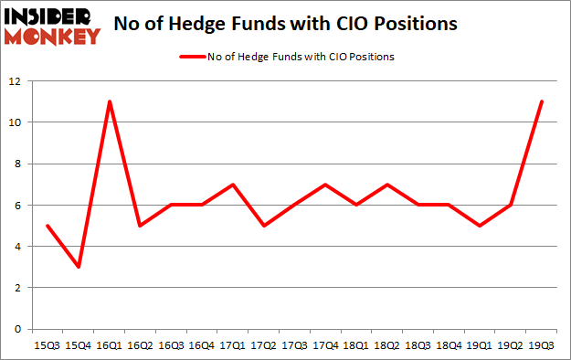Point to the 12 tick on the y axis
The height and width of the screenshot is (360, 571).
(16, 80)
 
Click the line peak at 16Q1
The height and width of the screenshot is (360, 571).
(110, 101)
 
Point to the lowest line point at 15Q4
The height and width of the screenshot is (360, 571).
(79, 267)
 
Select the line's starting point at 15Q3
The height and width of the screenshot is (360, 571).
(47, 226)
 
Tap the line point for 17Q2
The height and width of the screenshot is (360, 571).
(265, 226)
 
